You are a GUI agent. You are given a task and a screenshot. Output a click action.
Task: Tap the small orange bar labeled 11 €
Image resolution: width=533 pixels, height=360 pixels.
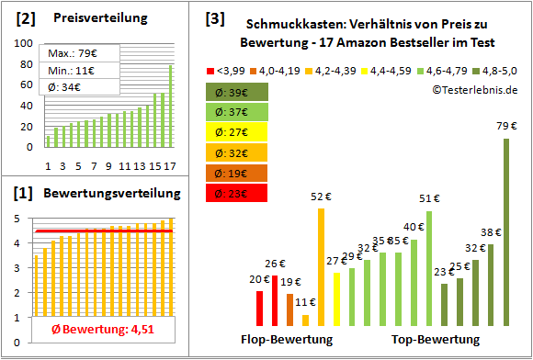306,320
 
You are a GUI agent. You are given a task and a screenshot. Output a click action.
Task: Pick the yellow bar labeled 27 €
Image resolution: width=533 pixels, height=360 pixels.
336,298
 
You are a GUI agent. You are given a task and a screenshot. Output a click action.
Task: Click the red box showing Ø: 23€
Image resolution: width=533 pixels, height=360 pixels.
236,193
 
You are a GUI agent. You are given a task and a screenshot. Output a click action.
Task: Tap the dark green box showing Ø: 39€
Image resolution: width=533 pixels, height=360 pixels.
236,92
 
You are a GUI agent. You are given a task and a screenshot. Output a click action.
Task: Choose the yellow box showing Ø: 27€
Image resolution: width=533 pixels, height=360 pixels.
236,132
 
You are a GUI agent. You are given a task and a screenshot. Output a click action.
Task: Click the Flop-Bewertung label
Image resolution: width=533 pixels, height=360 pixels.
286,340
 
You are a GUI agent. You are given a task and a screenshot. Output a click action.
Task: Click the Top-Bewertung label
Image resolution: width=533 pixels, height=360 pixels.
435,340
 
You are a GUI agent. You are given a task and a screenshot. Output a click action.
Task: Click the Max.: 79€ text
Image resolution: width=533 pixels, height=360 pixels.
74,52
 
